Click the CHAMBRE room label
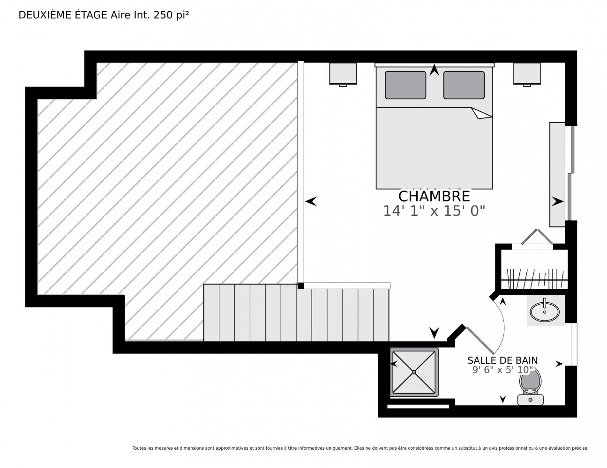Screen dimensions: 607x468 point(434,197)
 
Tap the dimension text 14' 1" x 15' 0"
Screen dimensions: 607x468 point(434,211)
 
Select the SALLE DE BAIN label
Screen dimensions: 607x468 point(502,360)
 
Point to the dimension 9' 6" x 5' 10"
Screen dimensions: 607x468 point(502,370)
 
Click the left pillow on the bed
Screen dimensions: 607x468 point(405,85)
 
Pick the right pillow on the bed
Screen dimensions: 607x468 point(464,85)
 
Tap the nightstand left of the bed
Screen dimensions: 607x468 point(343,74)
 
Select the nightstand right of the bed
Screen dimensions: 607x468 point(527,74)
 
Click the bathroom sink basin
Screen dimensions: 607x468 point(545,312)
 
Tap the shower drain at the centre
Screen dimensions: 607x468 point(414,372)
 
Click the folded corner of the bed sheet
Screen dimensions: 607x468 point(481,113)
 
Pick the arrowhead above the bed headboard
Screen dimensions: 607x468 point(434,70)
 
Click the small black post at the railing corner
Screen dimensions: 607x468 point(300,285)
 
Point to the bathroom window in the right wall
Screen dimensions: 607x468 point(571,344)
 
